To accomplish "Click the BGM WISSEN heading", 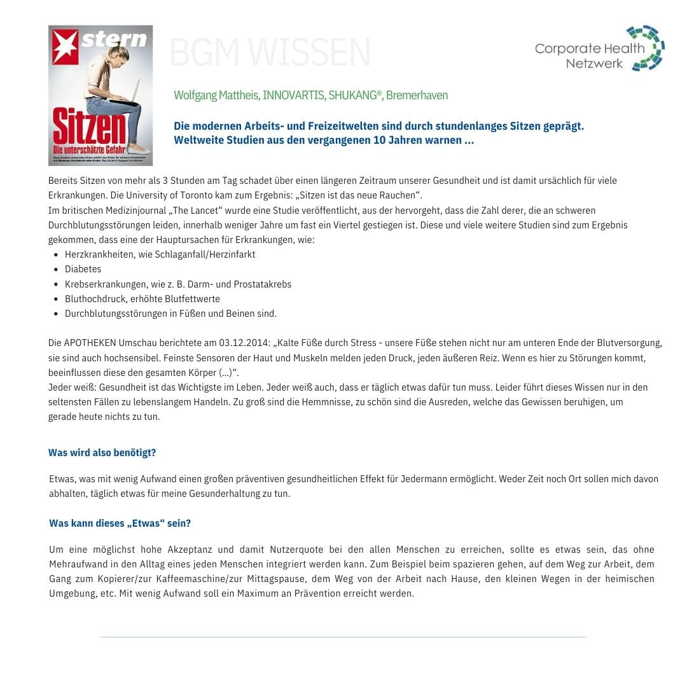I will pyautogui.click(x=270, y=53).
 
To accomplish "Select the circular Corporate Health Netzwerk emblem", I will pyautogui.click(x=645, y=48).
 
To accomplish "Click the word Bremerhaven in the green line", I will pyautogui.click(x=417, y=95).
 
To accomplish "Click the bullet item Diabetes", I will pyautogui.click(x=83, y=269).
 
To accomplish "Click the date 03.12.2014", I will pyautogui.click(x=246, y=343).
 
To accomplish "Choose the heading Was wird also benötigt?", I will pyautogui.click(x=102, y=453).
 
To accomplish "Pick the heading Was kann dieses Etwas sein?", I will pyautogui.click(x=120, y=524).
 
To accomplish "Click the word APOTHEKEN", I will pyautogui.click(x=89, y=343).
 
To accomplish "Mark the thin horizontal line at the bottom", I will pyautogui.click(x=343, y=637).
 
